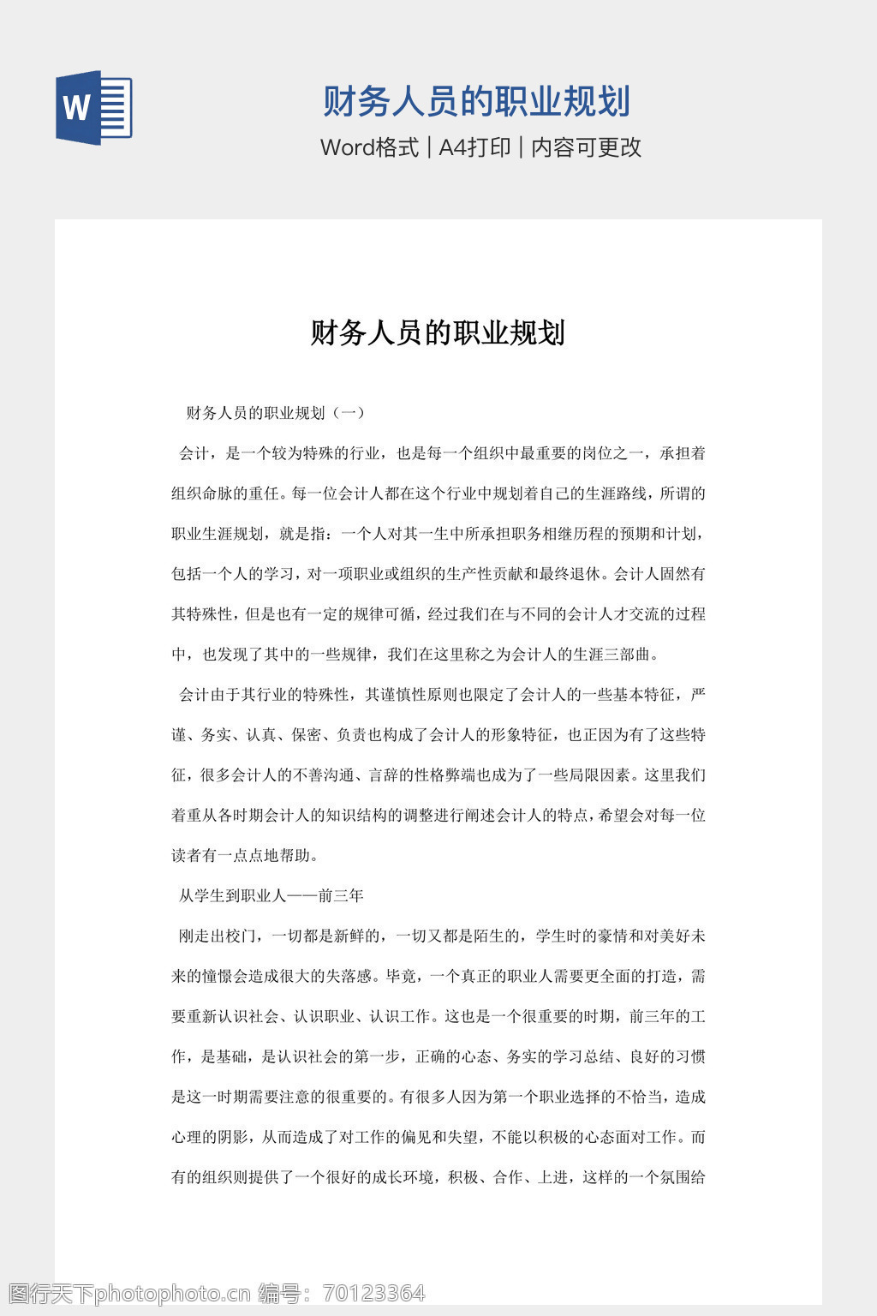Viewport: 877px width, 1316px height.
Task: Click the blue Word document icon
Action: (x=93, y=108)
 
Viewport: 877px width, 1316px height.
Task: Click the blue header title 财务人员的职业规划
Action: (x=476, y=102)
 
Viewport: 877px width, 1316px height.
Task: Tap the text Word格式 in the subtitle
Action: (x=370, y=147)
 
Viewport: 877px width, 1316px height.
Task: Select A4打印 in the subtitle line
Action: (x=475, y=147)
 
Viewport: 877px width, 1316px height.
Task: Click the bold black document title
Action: (x=438, y=332)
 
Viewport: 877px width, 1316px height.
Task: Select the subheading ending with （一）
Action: (x=277, y=413)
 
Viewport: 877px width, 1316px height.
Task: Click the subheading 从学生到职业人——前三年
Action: (x=271, y=896)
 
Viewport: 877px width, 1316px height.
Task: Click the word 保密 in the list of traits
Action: (x=306, y=735)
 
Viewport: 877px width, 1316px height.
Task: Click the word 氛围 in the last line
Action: (x=675, y=1178)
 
